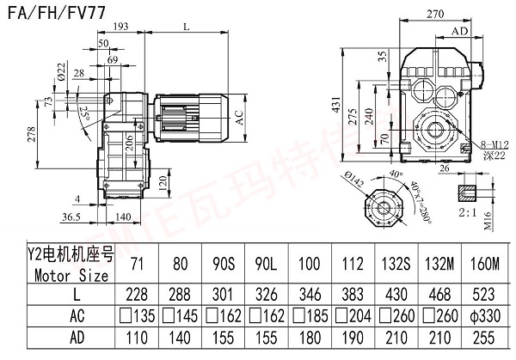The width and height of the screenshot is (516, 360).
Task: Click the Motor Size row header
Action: pos(66,276)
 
